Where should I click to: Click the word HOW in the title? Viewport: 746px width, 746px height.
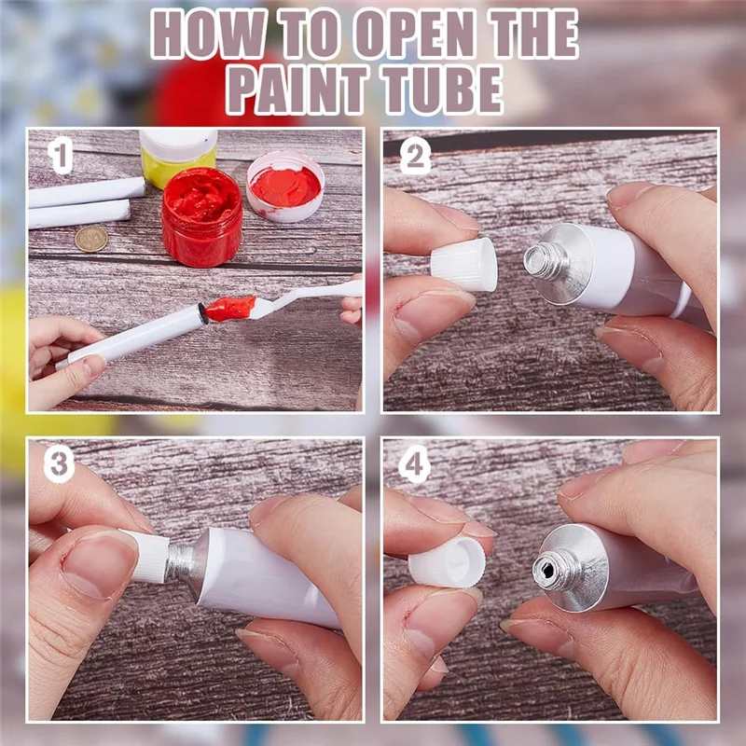click(208, 34)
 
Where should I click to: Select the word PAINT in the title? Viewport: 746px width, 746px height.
click(297, 90)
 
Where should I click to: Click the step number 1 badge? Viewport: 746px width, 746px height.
click(61, 155)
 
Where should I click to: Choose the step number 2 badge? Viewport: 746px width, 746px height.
click(415, 156)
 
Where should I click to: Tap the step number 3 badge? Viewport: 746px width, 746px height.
click(59, 463)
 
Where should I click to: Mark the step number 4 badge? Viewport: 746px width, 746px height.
click(414, 463)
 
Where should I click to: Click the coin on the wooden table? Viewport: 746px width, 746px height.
click(90, 239)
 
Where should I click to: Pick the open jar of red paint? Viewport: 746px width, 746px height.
click(202, 216)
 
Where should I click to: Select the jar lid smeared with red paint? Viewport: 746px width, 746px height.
click(285, 186)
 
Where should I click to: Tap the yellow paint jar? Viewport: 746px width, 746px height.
click(177, 156)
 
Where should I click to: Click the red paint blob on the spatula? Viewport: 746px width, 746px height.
click(229, 309)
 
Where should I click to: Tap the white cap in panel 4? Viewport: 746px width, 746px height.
click(448, 562)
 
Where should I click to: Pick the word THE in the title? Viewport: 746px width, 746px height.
click(534, 34)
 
